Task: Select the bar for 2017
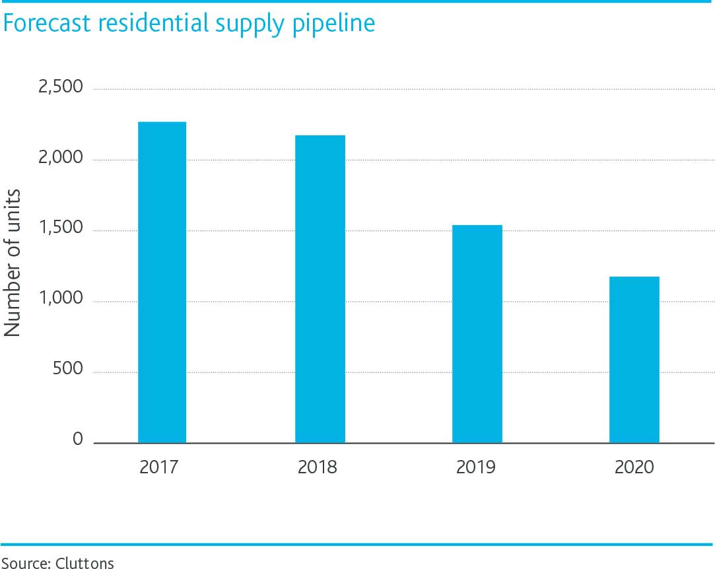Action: pos(162,282)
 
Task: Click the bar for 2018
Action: pos(320,288)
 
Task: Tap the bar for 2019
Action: pos(477,333)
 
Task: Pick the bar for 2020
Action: pos(634,359)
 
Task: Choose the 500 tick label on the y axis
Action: pos(69,370)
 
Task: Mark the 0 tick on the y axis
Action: pos(78,440)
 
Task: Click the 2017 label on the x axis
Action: pos(159,467)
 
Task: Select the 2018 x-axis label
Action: pos(318,467)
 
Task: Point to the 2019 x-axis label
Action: pos(476,467)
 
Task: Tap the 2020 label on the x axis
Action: pos(634,467)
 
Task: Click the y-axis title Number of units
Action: pos(13,263)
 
